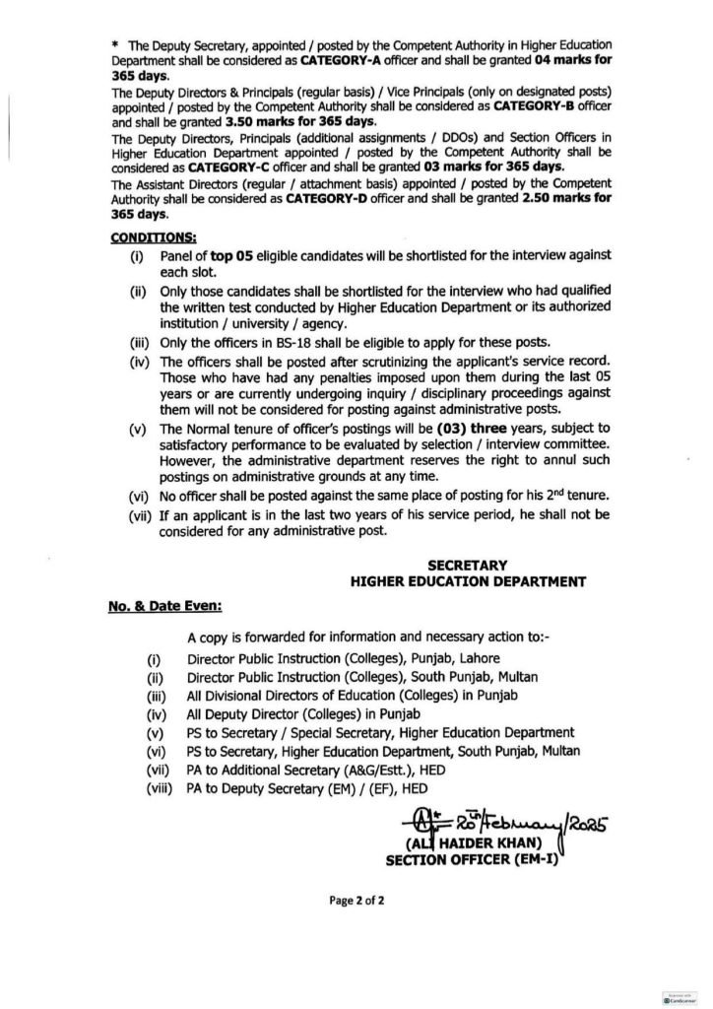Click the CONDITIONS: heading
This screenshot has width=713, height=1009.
coord(153,236)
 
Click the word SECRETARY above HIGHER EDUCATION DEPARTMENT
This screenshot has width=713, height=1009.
coord(468,566)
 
